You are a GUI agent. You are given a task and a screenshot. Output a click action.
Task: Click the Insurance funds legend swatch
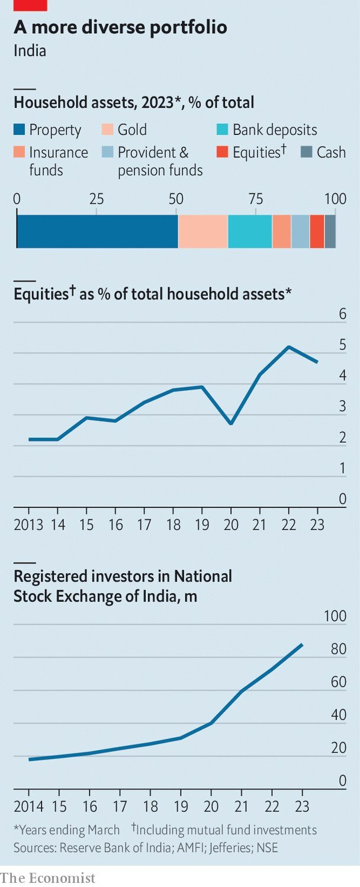point(19,152)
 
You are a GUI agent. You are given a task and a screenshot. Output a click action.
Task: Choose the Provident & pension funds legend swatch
point(107,152)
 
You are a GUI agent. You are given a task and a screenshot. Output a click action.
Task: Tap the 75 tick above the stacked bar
point(256,198)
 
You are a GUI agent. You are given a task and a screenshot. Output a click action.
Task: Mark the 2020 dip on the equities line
point(231,423)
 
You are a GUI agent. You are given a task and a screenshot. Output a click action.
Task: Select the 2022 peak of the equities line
point(288,346)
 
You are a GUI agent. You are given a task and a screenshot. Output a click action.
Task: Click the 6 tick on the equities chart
point(342,314)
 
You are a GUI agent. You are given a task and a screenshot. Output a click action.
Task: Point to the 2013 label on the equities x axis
point(28,525)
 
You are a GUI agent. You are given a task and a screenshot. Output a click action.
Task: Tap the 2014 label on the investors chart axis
point(28,806)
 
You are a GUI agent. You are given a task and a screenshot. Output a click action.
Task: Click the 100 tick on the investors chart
point(335,616)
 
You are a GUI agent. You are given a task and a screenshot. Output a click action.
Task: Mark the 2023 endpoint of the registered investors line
point(303,644)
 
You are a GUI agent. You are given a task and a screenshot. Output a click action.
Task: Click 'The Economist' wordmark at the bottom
point(48,877)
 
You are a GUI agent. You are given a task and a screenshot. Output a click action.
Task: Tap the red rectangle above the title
point(30,5)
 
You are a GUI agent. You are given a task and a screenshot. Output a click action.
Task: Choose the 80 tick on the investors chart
point(339,650)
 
